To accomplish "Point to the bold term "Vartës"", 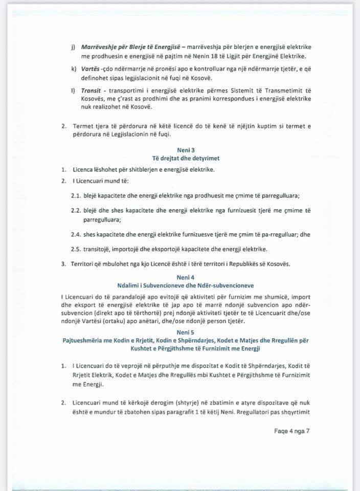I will (x=91, y=68).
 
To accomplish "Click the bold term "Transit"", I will (x=92, y=91).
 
